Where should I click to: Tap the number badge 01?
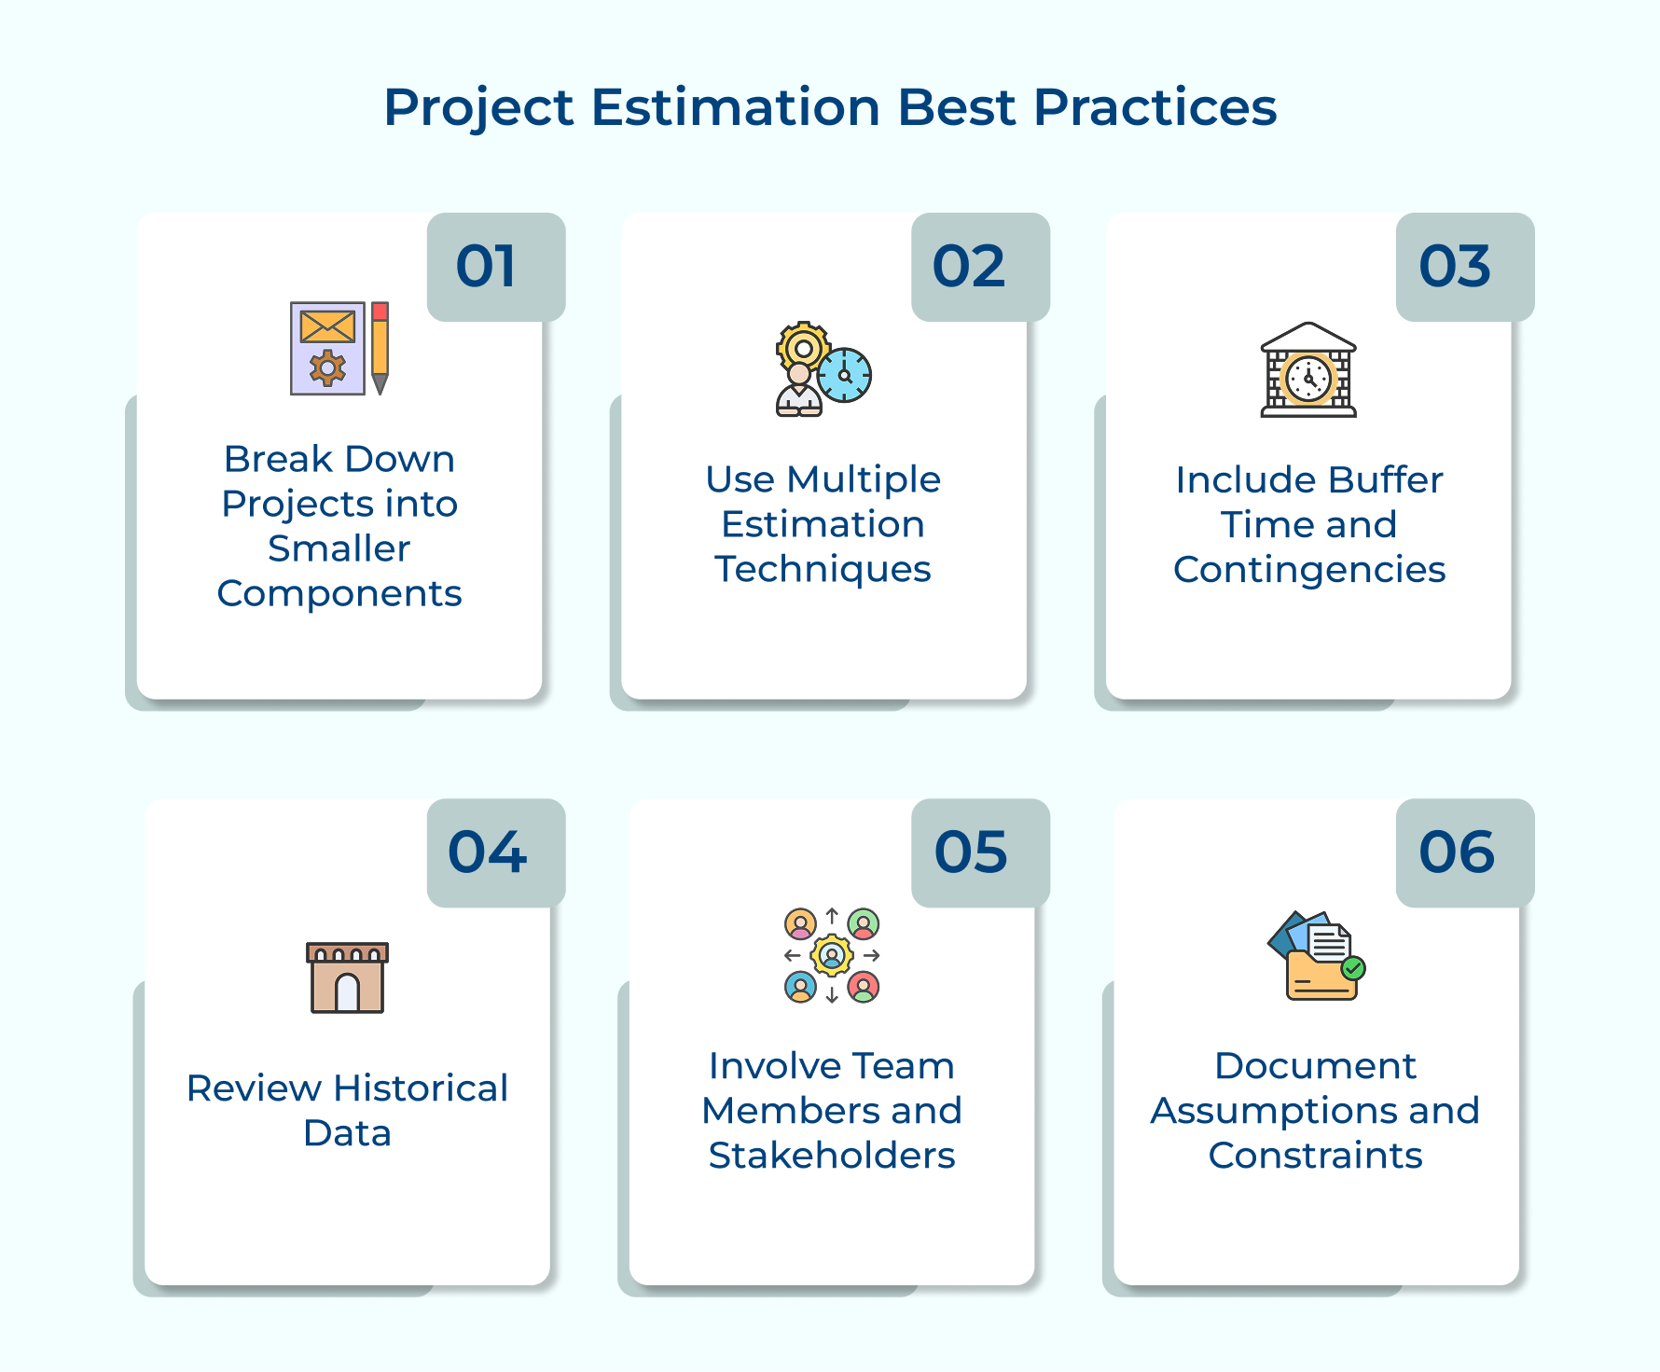pos(496,267)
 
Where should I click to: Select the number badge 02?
pos(980,267)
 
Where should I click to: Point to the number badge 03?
pos(1465,267)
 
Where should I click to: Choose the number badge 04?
pos(496,852)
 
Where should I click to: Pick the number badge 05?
pos(980,852)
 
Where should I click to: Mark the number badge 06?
pos(1465,852)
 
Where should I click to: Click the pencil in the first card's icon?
pos(380,348)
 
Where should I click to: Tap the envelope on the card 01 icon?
pos(327,326)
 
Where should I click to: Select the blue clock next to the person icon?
pos(845,375)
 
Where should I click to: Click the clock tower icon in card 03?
pos(1308,369)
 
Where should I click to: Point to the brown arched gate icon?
pos(347,977)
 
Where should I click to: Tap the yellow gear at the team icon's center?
pos(832,955)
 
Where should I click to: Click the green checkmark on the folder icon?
pos(1353,968)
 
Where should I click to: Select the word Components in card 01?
pos(339,594)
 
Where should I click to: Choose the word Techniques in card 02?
pos(823,570)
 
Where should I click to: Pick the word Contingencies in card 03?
pos(1309,570)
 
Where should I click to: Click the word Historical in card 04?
pos(421,1088)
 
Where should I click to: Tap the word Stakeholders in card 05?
pos(832,1156)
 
